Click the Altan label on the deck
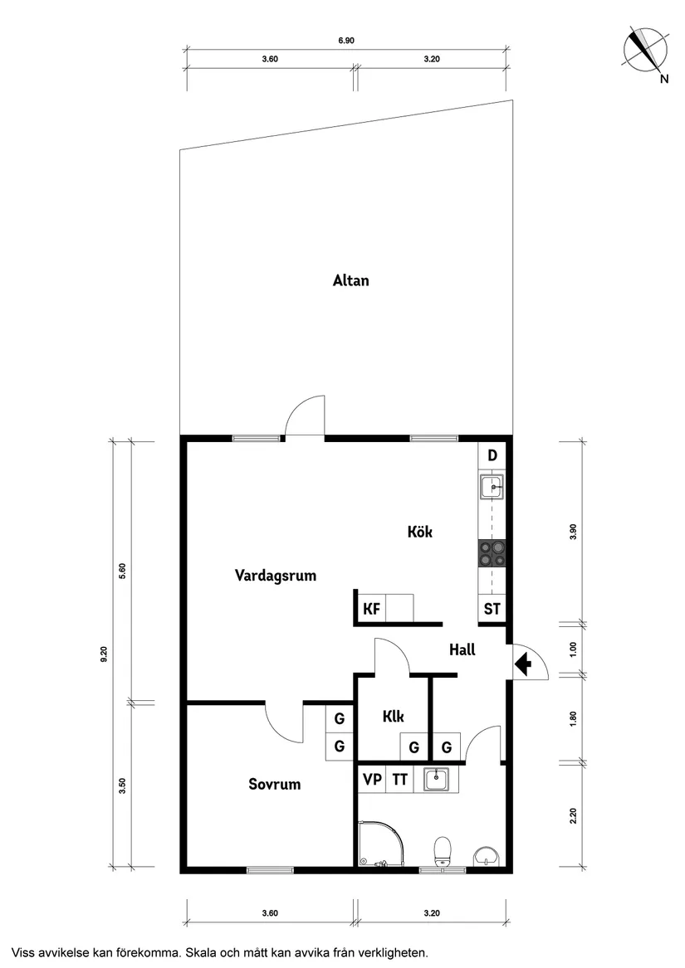(350, 280)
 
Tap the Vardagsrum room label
(276, 575)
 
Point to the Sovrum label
(275, 784)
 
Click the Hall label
(462, 649)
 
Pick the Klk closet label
(394, 717)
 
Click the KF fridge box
(371, 609)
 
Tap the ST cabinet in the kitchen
(492, 609)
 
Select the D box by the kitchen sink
(492, 455)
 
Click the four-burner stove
(492, 553)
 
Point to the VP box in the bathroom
(372, 780)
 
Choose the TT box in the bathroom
(400, 780)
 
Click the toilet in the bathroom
(443, 849)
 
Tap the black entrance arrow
(523, 664)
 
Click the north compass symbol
(645, 49)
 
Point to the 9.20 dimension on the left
(104, 654)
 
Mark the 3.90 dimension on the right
(572, 532)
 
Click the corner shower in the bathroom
(380, 844)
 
